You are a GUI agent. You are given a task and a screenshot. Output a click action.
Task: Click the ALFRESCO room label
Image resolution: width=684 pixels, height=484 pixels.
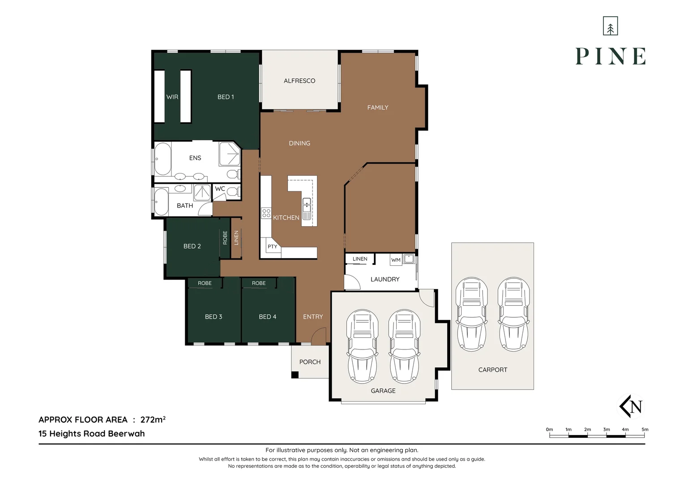[299, 81]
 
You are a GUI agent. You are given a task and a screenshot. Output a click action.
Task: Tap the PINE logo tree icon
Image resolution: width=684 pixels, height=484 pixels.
[610, 26]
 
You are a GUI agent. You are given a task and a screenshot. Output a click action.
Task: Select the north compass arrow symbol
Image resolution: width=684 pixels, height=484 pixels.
[631, 406]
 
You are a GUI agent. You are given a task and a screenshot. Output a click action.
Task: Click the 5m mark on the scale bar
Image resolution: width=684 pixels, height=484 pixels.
[645, 430]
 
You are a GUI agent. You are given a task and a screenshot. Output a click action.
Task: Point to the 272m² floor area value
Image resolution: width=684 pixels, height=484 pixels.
[153, 420]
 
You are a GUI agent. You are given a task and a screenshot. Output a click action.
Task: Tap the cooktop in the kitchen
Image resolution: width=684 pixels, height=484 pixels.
[266, 213]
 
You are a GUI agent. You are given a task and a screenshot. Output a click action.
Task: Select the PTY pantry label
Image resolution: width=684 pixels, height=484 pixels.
[272, 247]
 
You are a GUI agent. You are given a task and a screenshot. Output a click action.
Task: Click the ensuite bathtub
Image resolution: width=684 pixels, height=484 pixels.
[162, 159]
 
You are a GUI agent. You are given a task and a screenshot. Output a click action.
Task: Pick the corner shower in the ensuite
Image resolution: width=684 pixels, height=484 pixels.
[229, 154]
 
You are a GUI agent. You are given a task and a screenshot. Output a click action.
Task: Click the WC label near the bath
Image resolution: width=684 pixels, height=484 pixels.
[220, 189]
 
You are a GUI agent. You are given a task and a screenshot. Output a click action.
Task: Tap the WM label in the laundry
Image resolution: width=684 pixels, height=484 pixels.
[396, 260]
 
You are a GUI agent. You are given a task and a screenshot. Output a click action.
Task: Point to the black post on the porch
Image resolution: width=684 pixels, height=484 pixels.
[295, 375]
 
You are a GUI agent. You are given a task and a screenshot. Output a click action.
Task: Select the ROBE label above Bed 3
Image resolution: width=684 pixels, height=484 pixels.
[205, 283]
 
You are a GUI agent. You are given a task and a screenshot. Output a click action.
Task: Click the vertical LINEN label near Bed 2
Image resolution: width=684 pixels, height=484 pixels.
[236, 238]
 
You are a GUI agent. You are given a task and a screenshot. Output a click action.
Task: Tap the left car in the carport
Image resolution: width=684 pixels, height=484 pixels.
[471, 313]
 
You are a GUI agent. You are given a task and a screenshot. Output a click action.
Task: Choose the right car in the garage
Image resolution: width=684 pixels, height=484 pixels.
[404, 346]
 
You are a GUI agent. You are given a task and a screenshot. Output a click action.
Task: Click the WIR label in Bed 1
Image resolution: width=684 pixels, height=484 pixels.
[172, 97]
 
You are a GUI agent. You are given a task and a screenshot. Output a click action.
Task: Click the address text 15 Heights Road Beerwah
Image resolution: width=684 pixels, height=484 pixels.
[92, 434]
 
